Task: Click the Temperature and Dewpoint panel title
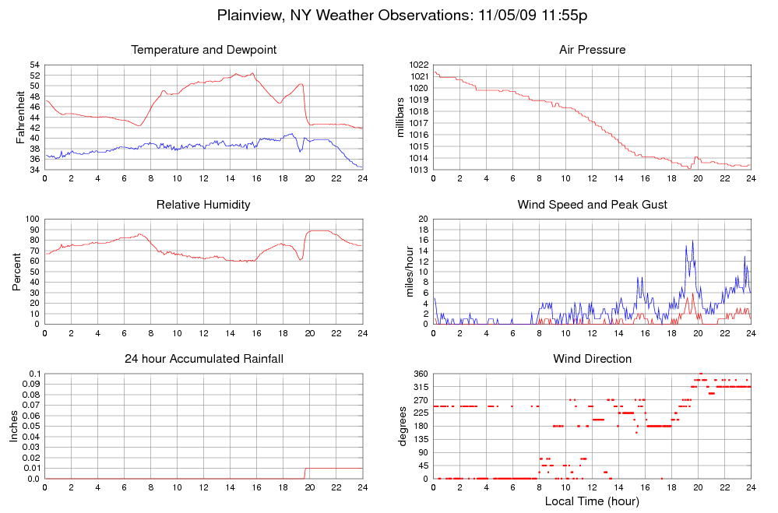204,50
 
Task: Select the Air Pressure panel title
592,50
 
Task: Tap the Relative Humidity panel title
204,205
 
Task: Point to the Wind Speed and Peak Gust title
592,205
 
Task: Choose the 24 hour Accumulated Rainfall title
204,359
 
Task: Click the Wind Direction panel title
592,359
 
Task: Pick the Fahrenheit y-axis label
21,117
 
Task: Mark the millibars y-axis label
400,117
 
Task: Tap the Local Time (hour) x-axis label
592,501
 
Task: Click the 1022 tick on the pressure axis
419,65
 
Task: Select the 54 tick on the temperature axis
35,65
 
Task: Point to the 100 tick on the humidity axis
32,219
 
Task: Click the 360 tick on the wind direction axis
419,374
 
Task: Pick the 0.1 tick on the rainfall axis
33,374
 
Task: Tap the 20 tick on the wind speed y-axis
423,219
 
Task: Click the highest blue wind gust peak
692,241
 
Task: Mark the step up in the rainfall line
305,473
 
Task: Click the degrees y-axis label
403,427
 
